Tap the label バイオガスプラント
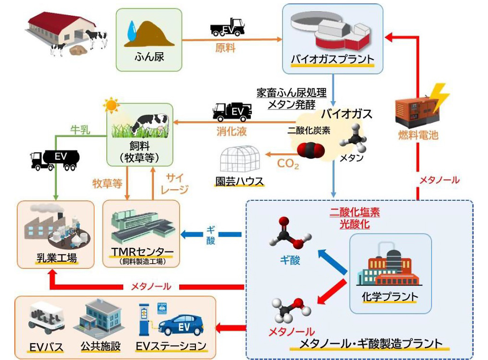point(332,59)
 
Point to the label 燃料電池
point(418,135)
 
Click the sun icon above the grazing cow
point(111,105)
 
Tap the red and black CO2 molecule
point(311,151)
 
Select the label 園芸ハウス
point(239,181)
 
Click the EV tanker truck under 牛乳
point(55,160)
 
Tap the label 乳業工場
point(57,258)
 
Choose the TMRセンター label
point(142,251)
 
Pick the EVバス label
point(46,347)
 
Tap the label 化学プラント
point(390,297)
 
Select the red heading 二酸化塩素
point(354,212)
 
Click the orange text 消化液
point(232,131)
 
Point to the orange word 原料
point(226,48)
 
